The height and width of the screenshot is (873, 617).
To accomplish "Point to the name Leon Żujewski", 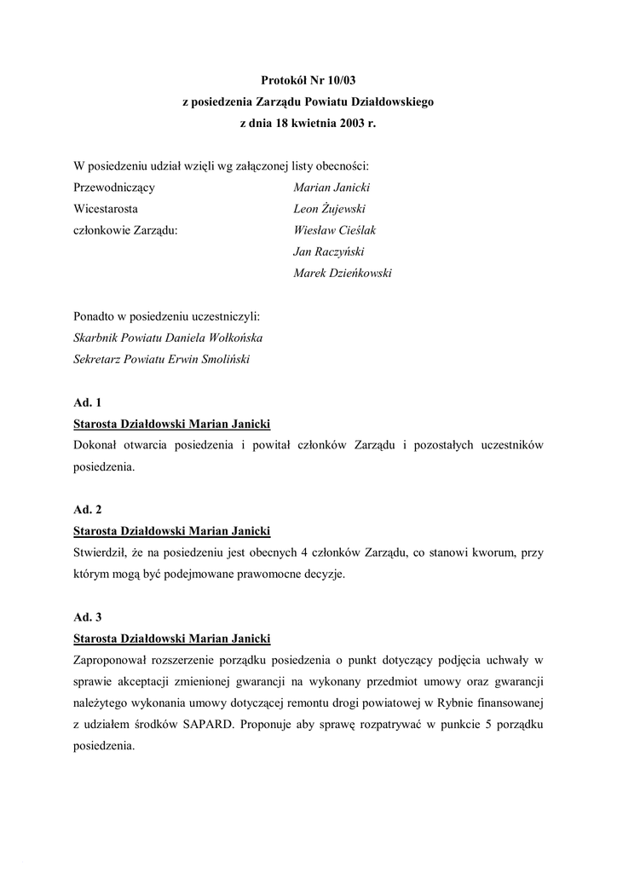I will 330,209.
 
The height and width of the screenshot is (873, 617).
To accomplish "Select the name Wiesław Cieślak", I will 334,230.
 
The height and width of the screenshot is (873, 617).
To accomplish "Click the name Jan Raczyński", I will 328,251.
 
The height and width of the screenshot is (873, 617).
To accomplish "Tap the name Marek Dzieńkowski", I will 343,273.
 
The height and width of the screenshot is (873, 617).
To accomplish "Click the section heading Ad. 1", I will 88,402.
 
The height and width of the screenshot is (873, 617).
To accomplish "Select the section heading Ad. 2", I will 88,509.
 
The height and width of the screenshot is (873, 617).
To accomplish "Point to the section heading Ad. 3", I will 88,616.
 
